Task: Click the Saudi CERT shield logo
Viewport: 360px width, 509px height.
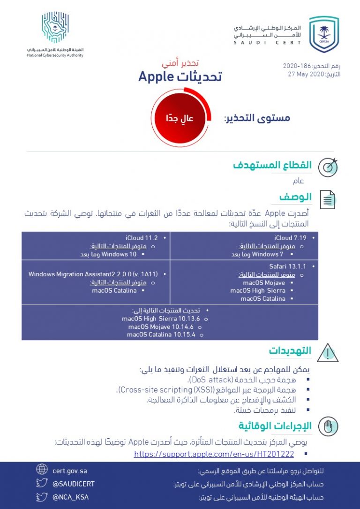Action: coord(323,34)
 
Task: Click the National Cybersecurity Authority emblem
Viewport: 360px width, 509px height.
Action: coord(55,28)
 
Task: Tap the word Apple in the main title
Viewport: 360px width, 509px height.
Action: coord(157,76)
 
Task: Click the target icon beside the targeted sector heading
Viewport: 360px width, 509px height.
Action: coord(328,167)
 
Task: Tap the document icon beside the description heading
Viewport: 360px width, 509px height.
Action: coord(328,199)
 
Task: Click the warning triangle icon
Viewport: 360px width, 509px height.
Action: coord(328,353)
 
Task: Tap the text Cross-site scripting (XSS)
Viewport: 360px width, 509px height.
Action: coord(154,390)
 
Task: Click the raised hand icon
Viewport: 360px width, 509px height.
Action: coord(328,426)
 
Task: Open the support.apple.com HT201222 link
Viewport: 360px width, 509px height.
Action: coord(214,454)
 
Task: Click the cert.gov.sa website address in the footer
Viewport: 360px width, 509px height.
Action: coord(70,471)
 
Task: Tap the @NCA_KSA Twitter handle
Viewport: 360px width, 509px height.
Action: coord(70,497)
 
